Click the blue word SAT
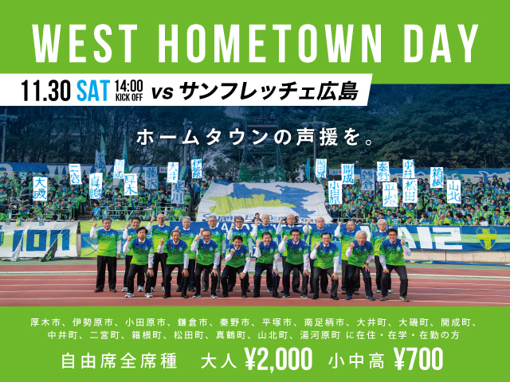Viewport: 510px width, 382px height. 94,88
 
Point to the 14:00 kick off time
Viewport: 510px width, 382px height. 128,88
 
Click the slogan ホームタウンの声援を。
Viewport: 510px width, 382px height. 255,136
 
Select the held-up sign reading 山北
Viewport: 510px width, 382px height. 454,189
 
